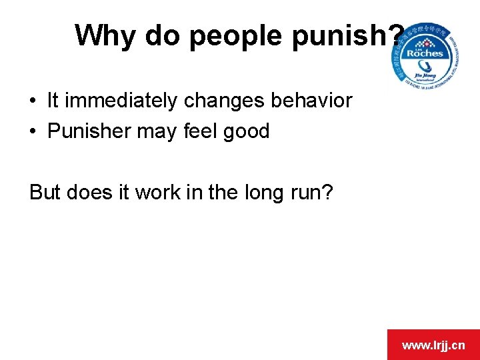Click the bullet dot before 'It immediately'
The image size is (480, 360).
click(x=33, y=101)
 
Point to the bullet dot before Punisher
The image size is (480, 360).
click(x=33, y=132)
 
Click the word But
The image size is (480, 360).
click(x=45, y=192)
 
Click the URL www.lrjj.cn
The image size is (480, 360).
click(x=433, y=345)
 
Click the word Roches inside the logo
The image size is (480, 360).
click(x=428, y=53)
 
